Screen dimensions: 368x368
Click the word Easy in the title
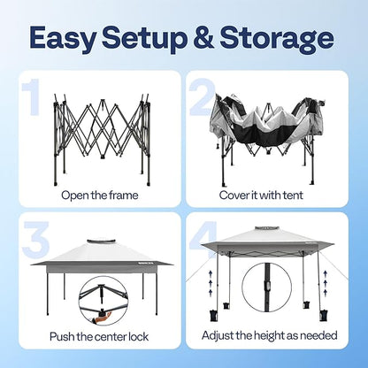(63, 39)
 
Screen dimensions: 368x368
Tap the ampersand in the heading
(202, 37)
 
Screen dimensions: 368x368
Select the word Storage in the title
(277, 39)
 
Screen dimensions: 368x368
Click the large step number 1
(32, 97)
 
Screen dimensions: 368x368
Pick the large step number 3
(35, 238)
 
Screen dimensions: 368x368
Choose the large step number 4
(203, 239)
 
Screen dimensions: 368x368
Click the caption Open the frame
(100, 195)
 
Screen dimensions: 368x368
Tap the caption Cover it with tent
(261, 195)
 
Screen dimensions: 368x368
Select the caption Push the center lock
(99, 336)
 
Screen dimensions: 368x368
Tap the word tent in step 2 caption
(293, 195)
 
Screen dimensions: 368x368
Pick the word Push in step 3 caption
(62, 336)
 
